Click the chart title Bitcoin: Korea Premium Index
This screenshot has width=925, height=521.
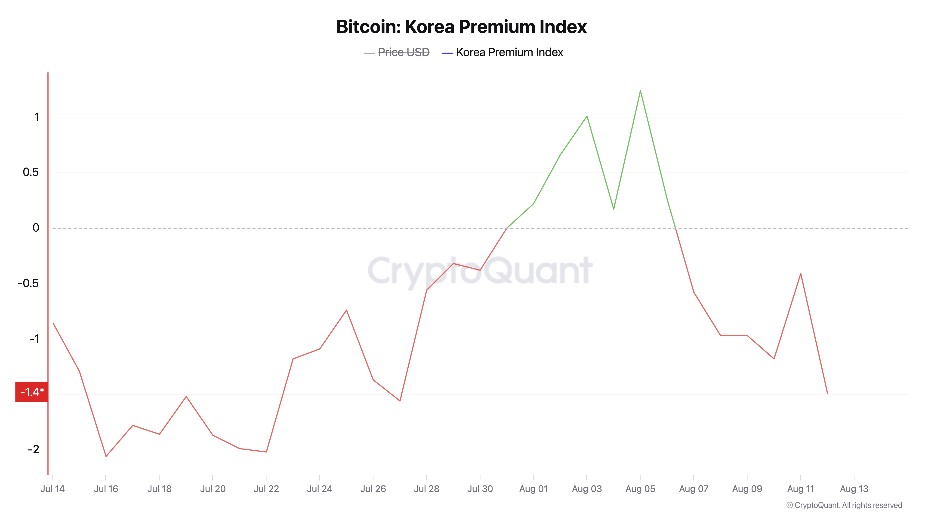461,27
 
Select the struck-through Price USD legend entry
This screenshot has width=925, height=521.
403,53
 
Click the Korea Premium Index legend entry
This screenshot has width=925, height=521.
509,53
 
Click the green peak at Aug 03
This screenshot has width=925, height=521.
587,116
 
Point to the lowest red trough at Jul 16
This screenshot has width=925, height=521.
106,456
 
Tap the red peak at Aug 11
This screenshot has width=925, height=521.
800,274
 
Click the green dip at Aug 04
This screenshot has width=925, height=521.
614,209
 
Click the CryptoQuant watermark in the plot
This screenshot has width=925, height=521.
480,270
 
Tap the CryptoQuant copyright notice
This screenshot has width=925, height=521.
844,505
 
